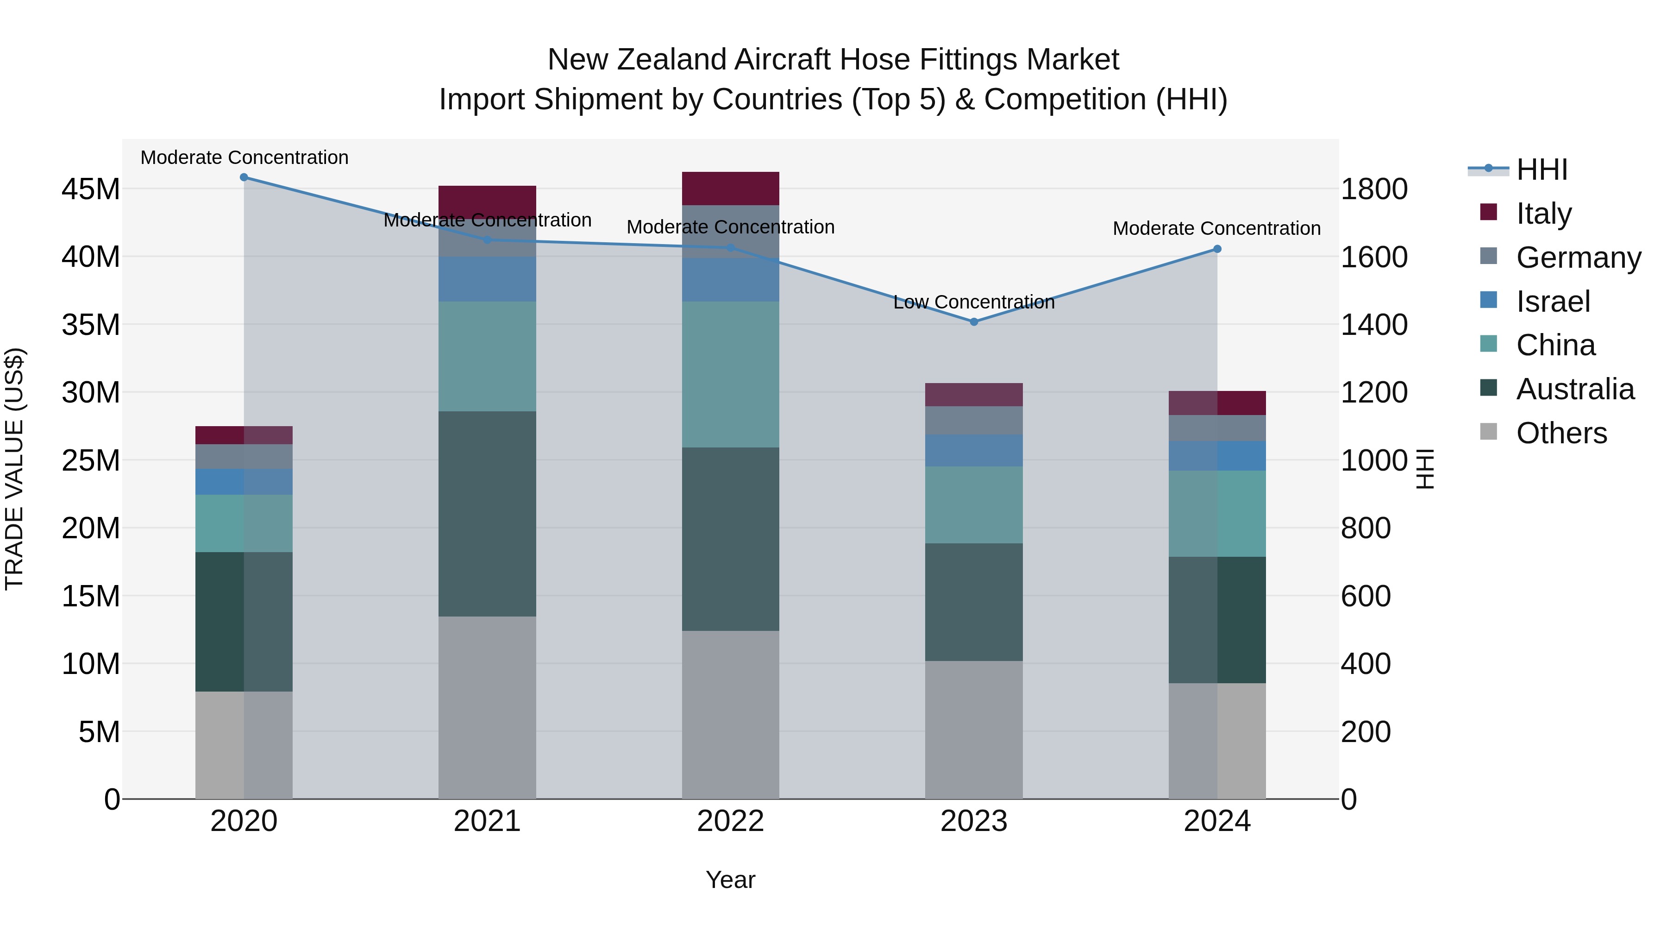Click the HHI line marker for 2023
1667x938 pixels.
pos(974,322)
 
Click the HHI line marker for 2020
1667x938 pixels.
pos(244,177)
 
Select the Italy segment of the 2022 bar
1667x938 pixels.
pos(731,189)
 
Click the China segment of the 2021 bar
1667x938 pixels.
pos(487,356)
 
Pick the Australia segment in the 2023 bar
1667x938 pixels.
pos(974,602)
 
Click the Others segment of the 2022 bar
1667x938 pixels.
pos(731,715)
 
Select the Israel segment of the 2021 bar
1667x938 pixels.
pos(487,279)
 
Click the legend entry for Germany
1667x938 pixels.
pos(1578,258)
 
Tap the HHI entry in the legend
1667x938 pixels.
pos(1542,170)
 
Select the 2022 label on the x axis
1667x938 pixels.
pos(731,821)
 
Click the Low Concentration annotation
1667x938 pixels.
pos(974,302)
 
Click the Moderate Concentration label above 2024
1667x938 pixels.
pos(1216,228)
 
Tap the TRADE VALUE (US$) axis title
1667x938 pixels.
pos(14,469)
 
